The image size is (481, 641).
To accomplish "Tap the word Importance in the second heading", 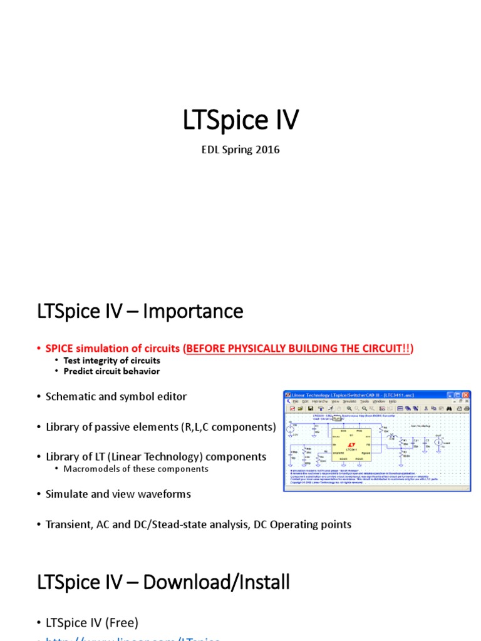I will [x=193, y=311].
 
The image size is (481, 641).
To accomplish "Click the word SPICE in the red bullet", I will [x=59, y=348].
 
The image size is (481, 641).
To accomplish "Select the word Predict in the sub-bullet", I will [x=78, y=371].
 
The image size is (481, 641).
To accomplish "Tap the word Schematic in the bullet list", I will [x=71, y=396].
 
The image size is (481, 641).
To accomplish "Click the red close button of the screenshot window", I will [x=465, y=394].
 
